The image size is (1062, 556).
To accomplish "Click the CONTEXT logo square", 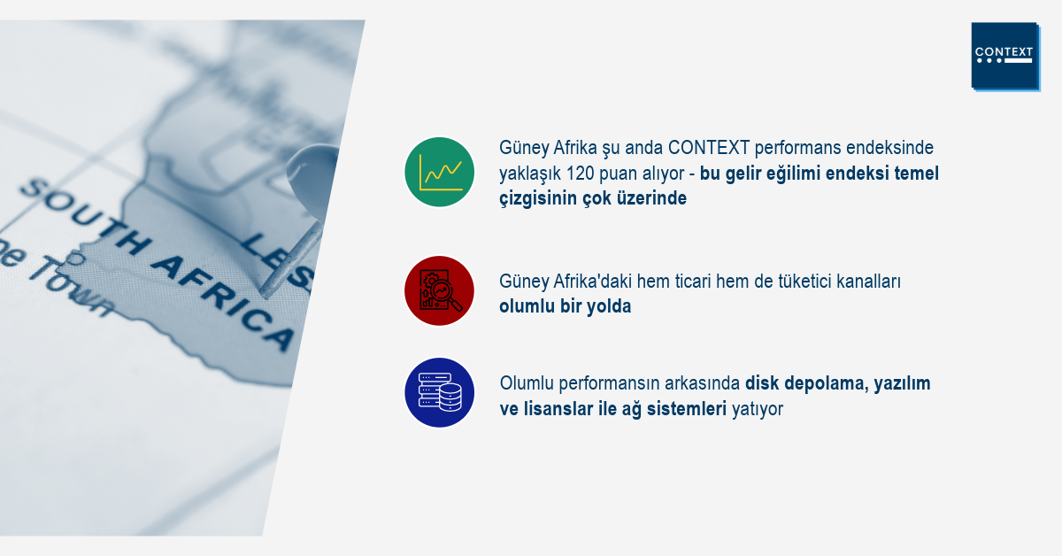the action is pyautogui.click(x=1005, y=56).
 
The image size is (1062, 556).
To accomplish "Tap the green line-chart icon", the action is pyautogui.click(x=440, y=172).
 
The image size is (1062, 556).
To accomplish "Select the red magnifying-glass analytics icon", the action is pyautogui.click(x=440, y=290).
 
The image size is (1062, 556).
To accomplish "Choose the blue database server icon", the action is pyautogui.click(x=440, y=392).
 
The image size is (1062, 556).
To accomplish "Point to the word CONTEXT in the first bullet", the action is pyautogui.click(x=708, y=148).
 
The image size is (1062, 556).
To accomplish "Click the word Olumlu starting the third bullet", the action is pyautogui.click(x=527, y=383).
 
